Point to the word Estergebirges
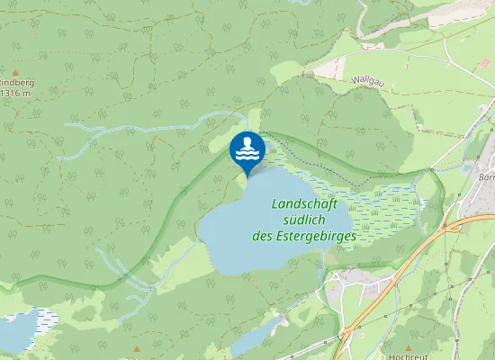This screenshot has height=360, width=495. click(x=316, y=237)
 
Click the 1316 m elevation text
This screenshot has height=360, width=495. click(x=15, y=93)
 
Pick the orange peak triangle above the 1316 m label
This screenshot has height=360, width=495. click(x=15, y=69)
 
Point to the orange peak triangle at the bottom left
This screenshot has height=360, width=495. click(x=137, y=348)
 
